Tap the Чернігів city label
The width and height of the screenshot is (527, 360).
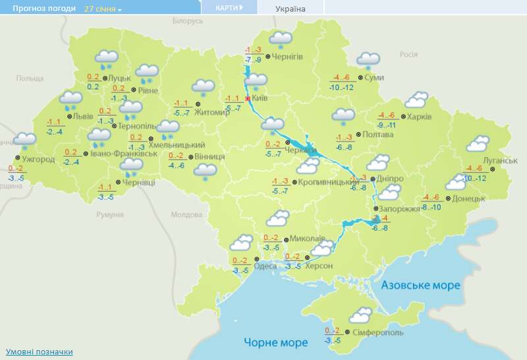click(x=287, y=57)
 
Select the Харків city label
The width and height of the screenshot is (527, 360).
click(x=419, y=117)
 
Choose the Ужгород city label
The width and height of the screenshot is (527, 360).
click(x=38, y=160)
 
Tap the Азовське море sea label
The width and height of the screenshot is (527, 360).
click(x=420, y=285)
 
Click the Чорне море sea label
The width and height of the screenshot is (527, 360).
click(x=275, y=343)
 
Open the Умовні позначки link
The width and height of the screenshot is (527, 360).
click(x=39, y=352)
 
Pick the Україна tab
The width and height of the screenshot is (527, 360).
click(x=291, y=9)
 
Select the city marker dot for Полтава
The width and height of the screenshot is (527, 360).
click(x=358, y=135)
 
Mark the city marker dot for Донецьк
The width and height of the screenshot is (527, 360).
click(x=448, y=198)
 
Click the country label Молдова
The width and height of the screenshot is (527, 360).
click(x=186, y=215)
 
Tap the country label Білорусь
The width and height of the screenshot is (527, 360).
click(x=188, y=21)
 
